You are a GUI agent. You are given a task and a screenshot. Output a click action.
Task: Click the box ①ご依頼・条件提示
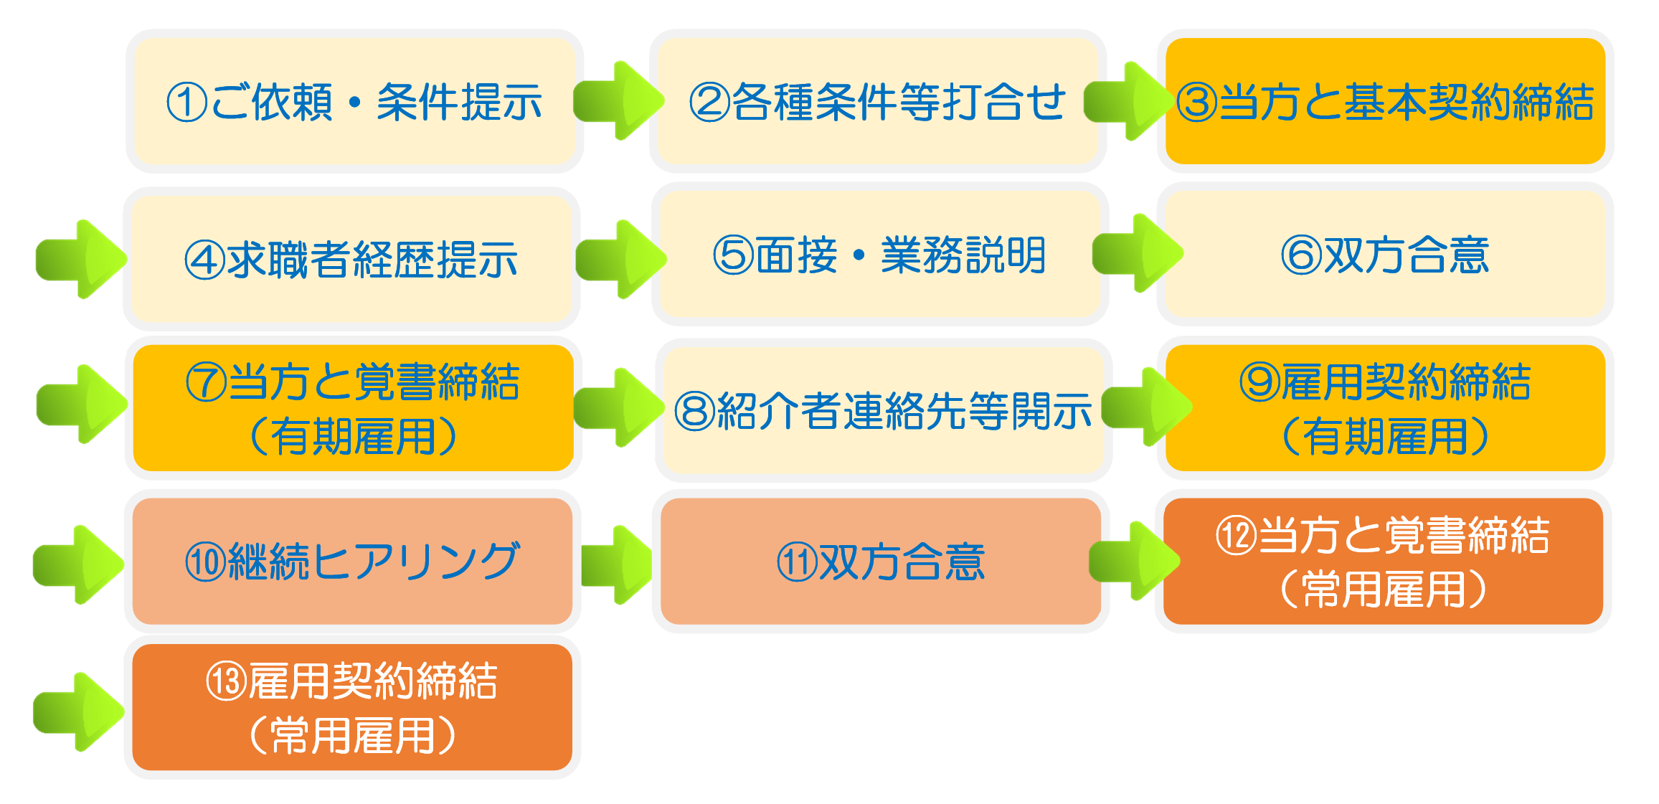(x=354, y=101)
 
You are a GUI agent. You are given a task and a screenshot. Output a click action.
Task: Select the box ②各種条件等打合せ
(x=877, y=101)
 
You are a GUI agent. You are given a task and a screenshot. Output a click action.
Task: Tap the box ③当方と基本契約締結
(x=1385, y=101)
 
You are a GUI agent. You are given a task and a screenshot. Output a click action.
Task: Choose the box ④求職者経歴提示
(x=351, y=259)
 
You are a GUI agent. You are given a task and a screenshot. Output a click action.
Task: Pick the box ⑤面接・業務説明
(x=879, y=255)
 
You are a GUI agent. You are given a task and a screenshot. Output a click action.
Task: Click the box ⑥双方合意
(x=1385, y=255)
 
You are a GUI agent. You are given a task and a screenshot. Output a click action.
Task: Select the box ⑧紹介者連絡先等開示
(x=883, y=411)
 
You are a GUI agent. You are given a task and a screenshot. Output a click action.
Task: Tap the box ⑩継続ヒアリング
(x=351, y=561)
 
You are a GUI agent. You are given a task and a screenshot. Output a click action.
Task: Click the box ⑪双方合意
(x=880, y=561)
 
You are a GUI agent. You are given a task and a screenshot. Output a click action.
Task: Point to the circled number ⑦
(x=206, y=382)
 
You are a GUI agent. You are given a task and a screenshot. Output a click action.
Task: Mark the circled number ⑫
(x=1236, y=536)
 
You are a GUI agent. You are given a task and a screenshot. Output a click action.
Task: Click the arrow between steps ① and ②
(x=618, y=101)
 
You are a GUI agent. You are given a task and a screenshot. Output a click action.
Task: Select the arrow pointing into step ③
(x=1128, y=101)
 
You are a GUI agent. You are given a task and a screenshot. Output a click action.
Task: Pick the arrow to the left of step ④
(x=80, y=259)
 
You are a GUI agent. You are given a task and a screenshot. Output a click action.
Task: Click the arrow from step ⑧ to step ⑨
(x=1145, y=407)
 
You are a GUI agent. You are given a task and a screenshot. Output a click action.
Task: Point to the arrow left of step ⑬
(x=78, y=712)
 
